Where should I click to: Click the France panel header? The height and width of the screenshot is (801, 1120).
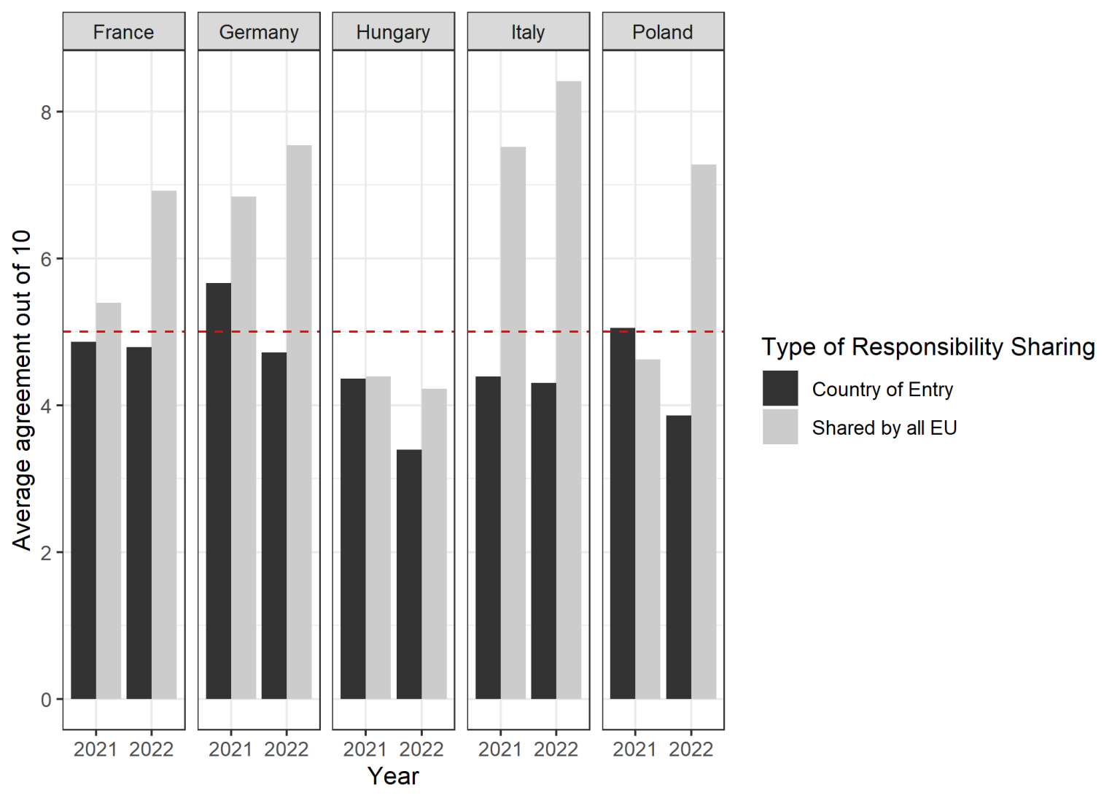[x=123, y=32]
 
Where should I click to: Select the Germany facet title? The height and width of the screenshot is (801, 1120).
[x=259, y=32]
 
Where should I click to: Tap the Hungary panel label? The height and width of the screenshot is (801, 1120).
[x=393, y=32]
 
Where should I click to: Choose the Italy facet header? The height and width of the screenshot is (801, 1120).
[x=528, y=32]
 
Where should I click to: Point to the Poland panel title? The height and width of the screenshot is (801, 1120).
[x=663, y=32]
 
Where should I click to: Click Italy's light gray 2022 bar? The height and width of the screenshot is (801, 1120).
[x=569, y=390]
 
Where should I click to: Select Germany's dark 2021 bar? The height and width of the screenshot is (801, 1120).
[x=219, y=491]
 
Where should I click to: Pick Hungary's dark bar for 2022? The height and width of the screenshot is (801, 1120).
[x=409, y=574]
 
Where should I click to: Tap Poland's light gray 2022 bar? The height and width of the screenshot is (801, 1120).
[x=704, y=432]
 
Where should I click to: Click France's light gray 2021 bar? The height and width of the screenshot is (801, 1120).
[x=109, y=501]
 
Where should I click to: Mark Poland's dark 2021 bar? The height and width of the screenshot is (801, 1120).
[x=623, y=514]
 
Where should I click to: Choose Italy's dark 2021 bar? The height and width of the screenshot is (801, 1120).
[x=488, y=538]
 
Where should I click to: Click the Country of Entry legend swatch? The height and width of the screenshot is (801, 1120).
[x=780, y=388]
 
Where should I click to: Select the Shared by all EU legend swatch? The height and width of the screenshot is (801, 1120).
[x=780, y=427]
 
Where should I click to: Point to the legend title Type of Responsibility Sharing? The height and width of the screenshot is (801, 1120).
[x=928, y=347]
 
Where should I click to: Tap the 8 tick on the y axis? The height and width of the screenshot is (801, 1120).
[x=47, y=112]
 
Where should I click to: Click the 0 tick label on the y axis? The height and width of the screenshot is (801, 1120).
[x=47, y=700]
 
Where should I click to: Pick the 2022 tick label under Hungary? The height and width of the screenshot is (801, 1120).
[x=421, y=749]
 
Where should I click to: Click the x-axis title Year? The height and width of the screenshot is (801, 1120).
[x=393, y=776]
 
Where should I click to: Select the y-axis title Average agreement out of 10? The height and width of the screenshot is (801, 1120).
[x=22, y=390]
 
